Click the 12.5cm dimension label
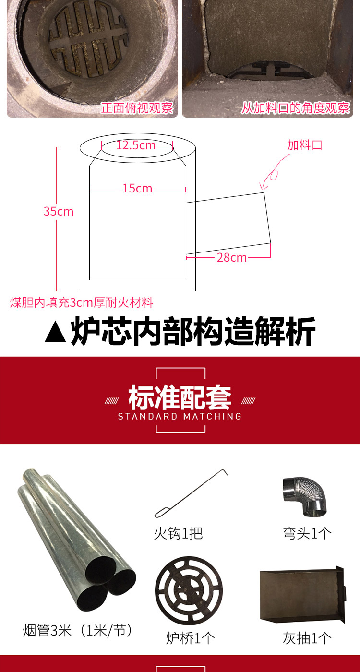136,145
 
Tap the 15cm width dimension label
137,189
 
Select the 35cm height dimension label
59,212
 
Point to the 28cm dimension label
231,257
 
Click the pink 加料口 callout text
305,145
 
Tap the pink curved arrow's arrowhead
263,187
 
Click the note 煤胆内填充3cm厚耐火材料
82,302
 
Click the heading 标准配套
180,397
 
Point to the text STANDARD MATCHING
180,416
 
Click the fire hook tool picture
191,493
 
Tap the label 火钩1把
178,533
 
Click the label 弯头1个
307,533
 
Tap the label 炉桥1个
191,638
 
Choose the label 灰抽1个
307,638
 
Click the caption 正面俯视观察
137,108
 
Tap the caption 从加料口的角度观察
296,108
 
